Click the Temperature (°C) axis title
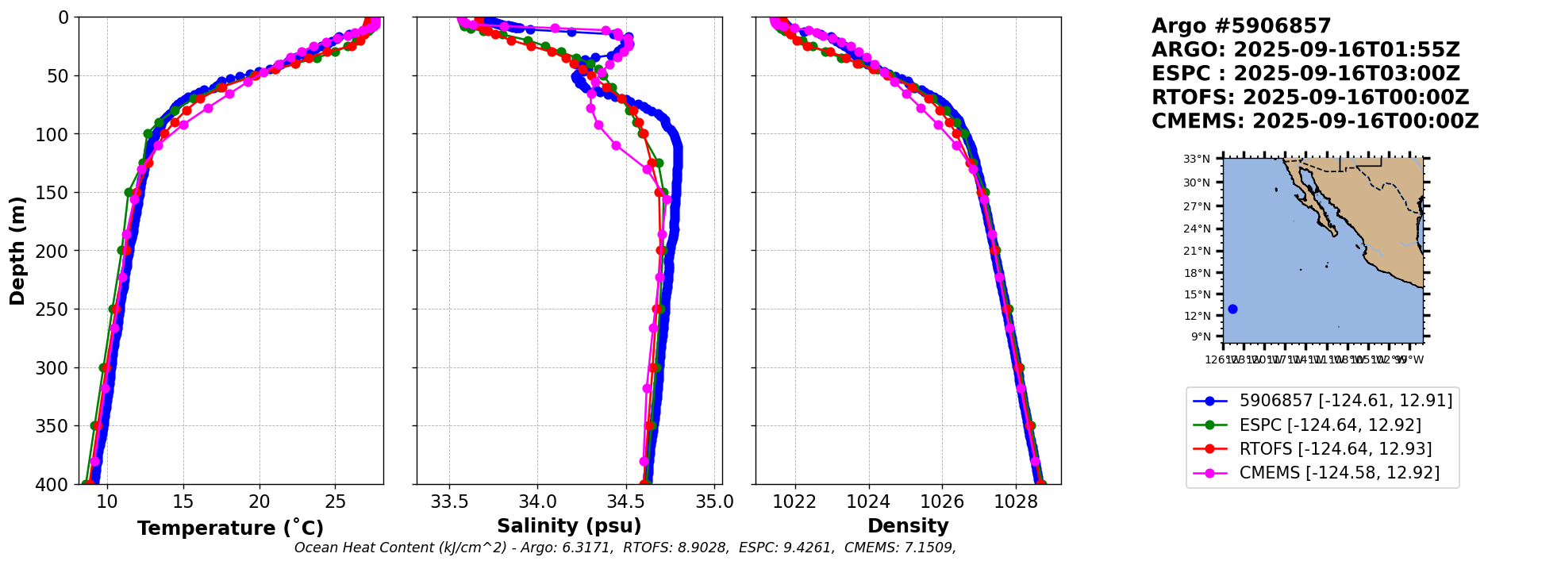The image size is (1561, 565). tap(230, 528)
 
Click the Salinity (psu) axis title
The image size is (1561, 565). tap(569, 526)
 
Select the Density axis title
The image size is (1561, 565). tap(908, 526)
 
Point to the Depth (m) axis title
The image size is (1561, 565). tap(17, 251)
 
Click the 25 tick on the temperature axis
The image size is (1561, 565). tap(336, 502)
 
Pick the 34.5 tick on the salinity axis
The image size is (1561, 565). tap(626, 502)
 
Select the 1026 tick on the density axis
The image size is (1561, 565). tap(942, 502)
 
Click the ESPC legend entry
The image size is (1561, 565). tap(1329, 425)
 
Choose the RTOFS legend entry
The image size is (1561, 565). tap(1335, 449)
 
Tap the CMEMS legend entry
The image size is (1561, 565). tap(1339, 473)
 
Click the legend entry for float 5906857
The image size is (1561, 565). tap(1345, 401)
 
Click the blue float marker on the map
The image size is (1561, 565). tap(1232, 309)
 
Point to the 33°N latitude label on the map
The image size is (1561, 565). tap(1197, 160)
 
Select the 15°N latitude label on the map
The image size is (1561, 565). tap(1197, 294)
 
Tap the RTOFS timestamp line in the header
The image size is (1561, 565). tap(1310, 98)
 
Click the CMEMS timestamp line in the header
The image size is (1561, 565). tap(1315, 121)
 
